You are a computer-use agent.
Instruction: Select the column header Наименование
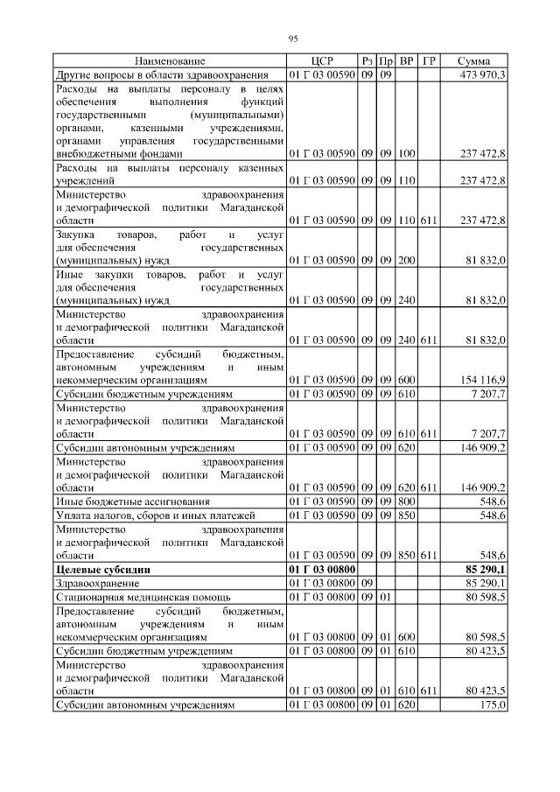click(x=170, y=61)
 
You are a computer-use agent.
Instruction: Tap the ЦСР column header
click(x=321, y=61)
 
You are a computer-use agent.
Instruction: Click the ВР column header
click(x=406, y=61)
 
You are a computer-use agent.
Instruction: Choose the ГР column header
click(x=429, y=61)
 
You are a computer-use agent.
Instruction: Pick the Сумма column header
click(x=473, y=61)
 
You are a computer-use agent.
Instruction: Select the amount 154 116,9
click(x=482, y=381)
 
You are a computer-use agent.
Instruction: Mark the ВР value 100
click(x=406, y=153)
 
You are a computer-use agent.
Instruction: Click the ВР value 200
click(x=406, y=260)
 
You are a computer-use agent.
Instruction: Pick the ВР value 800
click(x=406, y=501)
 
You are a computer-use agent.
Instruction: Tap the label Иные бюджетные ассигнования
click(x=133, y=501)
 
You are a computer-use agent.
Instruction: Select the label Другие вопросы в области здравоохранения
click(x=168, y=75)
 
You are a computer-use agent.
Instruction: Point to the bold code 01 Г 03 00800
click(x=321, y=570)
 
